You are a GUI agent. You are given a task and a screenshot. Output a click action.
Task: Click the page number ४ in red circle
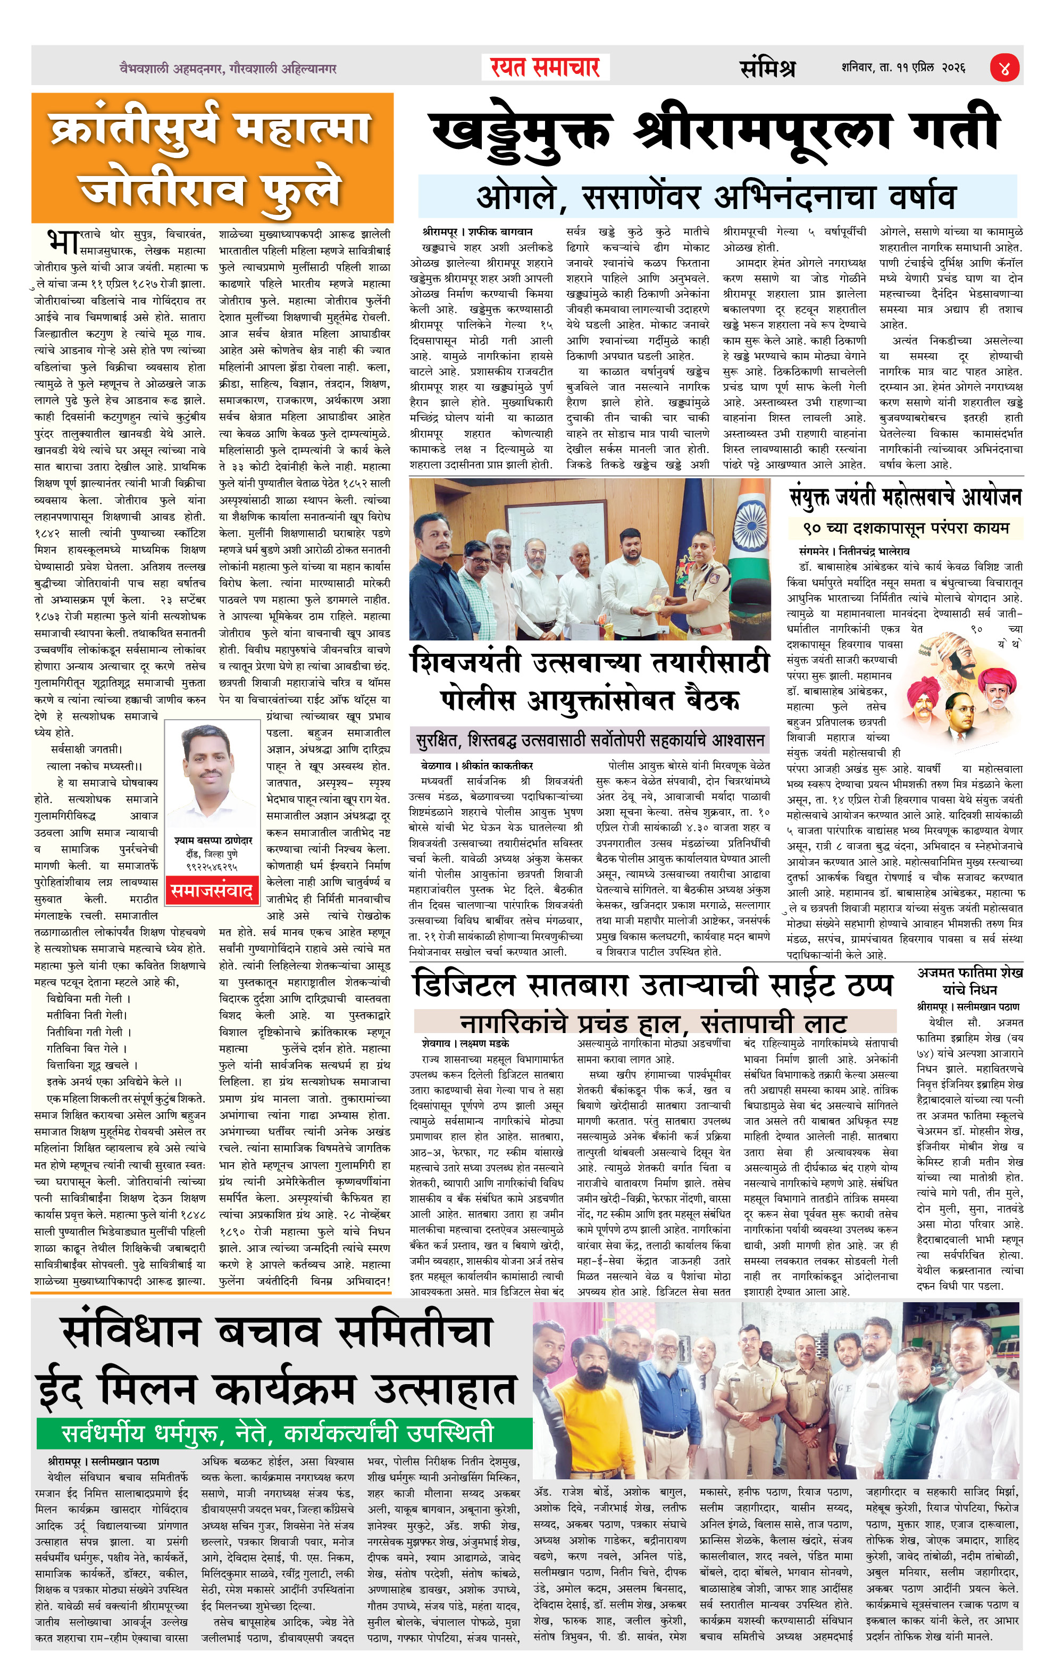(1004, 69)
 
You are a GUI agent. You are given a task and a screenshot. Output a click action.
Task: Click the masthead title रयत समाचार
(545, 68)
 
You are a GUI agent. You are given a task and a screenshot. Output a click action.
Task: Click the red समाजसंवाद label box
(212, 890)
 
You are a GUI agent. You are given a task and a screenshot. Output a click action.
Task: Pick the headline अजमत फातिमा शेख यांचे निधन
(970, 980)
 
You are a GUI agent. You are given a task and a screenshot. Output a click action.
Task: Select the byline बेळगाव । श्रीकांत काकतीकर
(476, 765)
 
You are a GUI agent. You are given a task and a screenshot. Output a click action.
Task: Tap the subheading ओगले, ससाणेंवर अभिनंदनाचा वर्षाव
(716, 197)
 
